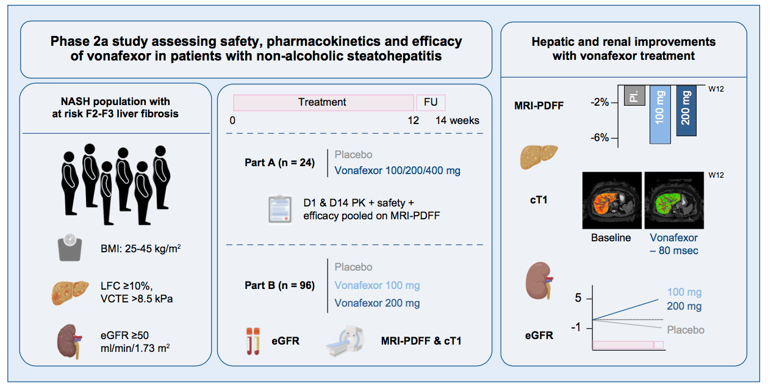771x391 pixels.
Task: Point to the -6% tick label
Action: [600, 138]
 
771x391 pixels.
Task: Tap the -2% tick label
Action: [600, 102]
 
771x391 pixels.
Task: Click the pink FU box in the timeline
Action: [431, 102]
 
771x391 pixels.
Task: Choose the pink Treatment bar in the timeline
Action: [323, 102]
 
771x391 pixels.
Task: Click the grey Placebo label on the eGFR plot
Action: [685, 330]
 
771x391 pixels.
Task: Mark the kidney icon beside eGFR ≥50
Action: [69, 340]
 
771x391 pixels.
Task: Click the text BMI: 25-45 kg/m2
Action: [134, 249]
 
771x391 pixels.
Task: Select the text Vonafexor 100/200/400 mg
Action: [397, 172]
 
